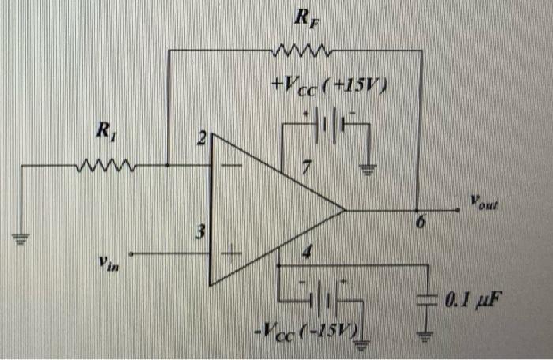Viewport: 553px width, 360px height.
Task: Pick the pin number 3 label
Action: pyautogui.click(x=201, y=233)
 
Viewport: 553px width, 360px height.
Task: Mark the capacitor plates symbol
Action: pyautogui.click(x=427, y=301)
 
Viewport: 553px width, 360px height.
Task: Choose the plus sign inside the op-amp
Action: pyautogui.click(x=231, y=254)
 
